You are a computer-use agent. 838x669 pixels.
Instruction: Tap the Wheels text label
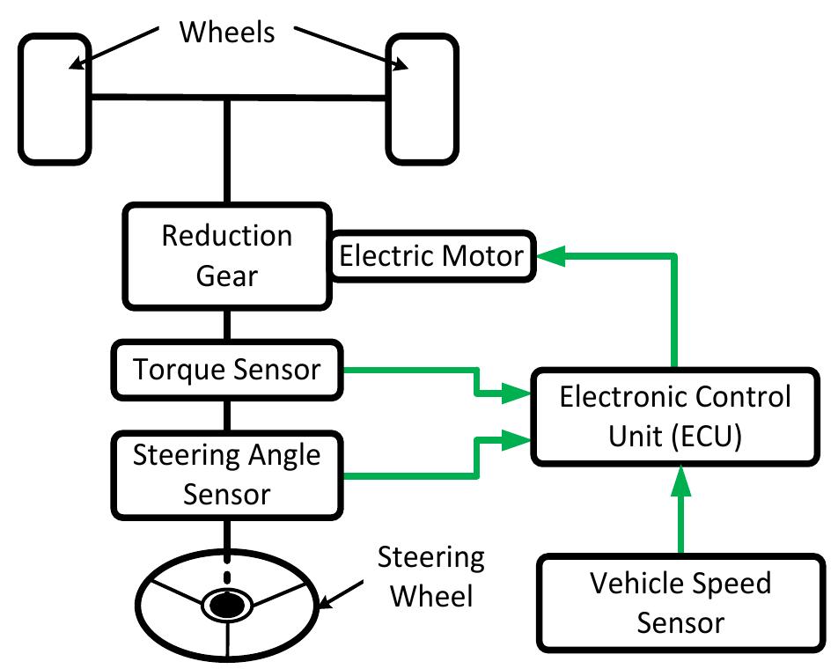click(227, 33)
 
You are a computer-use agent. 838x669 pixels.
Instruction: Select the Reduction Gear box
click(227, 256)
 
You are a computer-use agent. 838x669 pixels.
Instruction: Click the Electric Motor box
click(431, 256)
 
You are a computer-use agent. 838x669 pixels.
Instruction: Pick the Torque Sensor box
click(227, 370)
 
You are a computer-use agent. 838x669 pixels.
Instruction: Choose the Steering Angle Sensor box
click(227, 475)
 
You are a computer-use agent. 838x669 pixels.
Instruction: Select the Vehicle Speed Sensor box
click(680, 603)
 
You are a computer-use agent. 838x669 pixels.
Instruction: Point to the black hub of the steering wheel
click(227, 606)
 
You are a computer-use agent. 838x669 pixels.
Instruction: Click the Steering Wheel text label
click(430, 577)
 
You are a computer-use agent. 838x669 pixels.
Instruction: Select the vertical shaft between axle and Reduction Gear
click(227, 150)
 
